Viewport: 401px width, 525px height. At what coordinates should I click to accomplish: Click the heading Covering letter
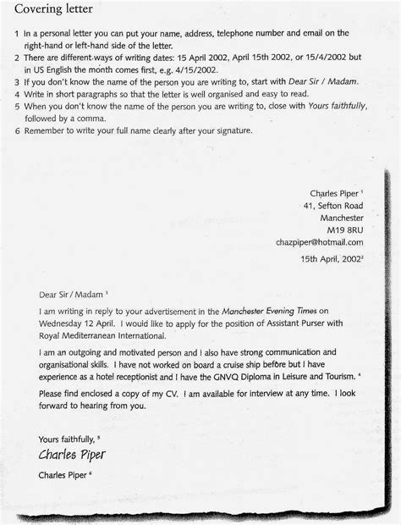[52, 10]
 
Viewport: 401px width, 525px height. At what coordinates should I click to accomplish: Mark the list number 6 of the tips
[17, 131]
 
